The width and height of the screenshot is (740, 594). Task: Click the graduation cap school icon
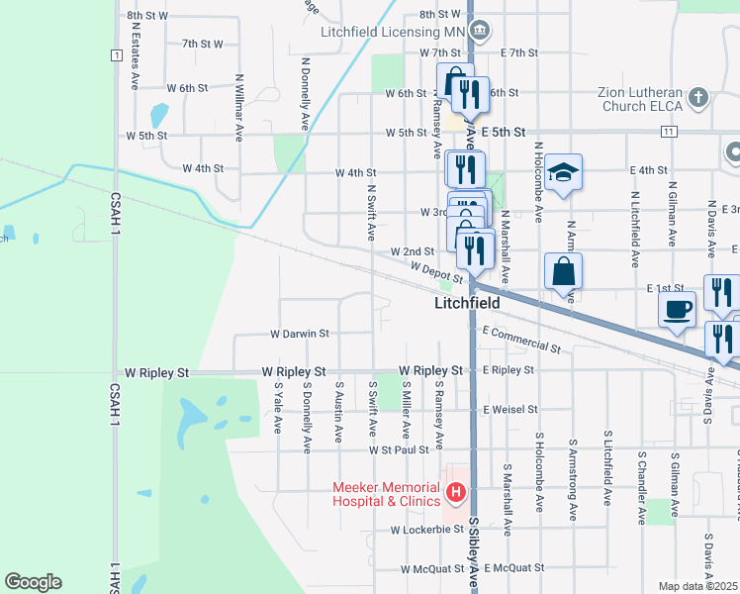tap(563, 172)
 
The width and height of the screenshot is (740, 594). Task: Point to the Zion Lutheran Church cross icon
tap(698, 97)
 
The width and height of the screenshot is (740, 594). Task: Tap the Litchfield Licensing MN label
tap(393, 32)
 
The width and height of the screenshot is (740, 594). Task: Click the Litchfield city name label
tap(467, 303)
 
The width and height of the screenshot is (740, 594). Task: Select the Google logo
tap(33, 582)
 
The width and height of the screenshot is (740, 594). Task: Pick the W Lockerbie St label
tap(426, 530)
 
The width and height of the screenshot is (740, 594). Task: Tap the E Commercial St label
tap(521, 341)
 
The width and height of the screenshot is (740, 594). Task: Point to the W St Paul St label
tap(399, 449)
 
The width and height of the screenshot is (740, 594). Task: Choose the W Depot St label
tap(435, 269)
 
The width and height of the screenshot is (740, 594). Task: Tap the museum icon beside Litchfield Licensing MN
tap(479, 32)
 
